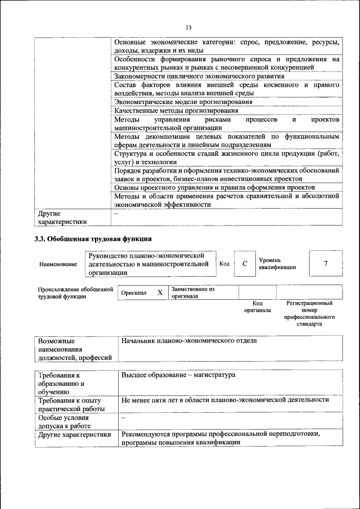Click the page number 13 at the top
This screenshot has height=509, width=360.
tap(188, 27)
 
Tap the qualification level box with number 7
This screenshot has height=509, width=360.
tap(326, 264)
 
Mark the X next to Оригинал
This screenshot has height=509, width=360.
tap(160, 292)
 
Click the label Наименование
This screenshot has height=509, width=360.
tap(58, 264)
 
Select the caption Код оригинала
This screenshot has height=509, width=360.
tap(257, 307)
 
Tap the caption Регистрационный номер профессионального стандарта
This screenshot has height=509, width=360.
tap(309, 314)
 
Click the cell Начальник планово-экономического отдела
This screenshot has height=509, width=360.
tap(189, 341)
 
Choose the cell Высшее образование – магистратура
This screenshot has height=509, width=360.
tap(178, 375)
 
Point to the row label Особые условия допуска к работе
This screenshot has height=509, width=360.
tap(64, 422)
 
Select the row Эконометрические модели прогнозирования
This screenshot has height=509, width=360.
tap(183, 102)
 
